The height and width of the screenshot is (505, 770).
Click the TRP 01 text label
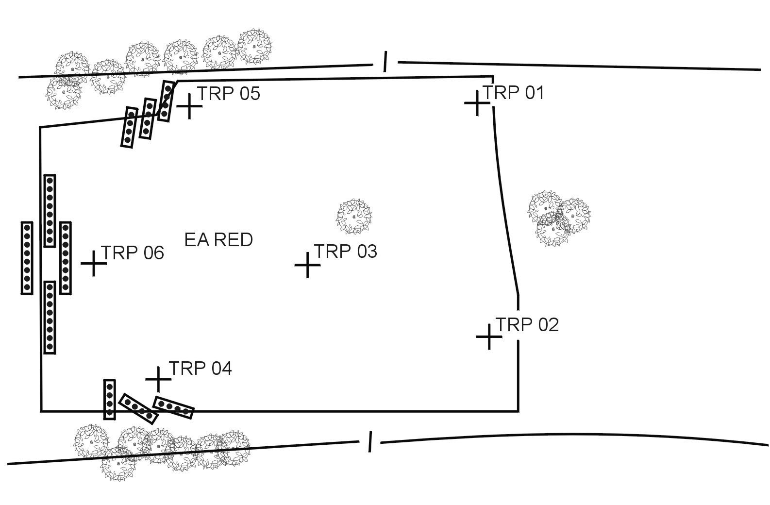tap(514, 92)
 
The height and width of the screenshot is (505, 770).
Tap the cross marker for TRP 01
tap(477, 103)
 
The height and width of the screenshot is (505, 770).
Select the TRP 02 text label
tap(527, 324)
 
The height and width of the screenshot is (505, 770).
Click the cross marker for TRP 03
tap(307, 265)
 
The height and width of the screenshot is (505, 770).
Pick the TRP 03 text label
tap(346, 252)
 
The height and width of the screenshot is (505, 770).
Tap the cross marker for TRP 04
tap(158, 379)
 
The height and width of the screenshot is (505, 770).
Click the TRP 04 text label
tap(200, 369)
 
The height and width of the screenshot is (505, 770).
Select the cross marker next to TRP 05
tap(189, 106)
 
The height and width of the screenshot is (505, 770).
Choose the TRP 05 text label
tap(229, 93)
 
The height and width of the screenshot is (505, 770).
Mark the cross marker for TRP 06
tap(94, 264)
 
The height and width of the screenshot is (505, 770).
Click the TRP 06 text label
tap(132, 253)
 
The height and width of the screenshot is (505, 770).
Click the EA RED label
tap(218, 240)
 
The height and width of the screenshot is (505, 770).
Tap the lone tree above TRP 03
tap(354, 216)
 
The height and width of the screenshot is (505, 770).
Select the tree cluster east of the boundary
tap(558, 219)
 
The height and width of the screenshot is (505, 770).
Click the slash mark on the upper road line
tap(385, 62)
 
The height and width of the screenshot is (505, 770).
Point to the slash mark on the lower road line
tap(370, 441)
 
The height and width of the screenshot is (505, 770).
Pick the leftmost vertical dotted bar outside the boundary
tap(27, 258)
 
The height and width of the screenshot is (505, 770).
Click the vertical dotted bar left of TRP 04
tap(110, 399)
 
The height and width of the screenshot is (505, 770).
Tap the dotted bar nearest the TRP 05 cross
tap(166, 101)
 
